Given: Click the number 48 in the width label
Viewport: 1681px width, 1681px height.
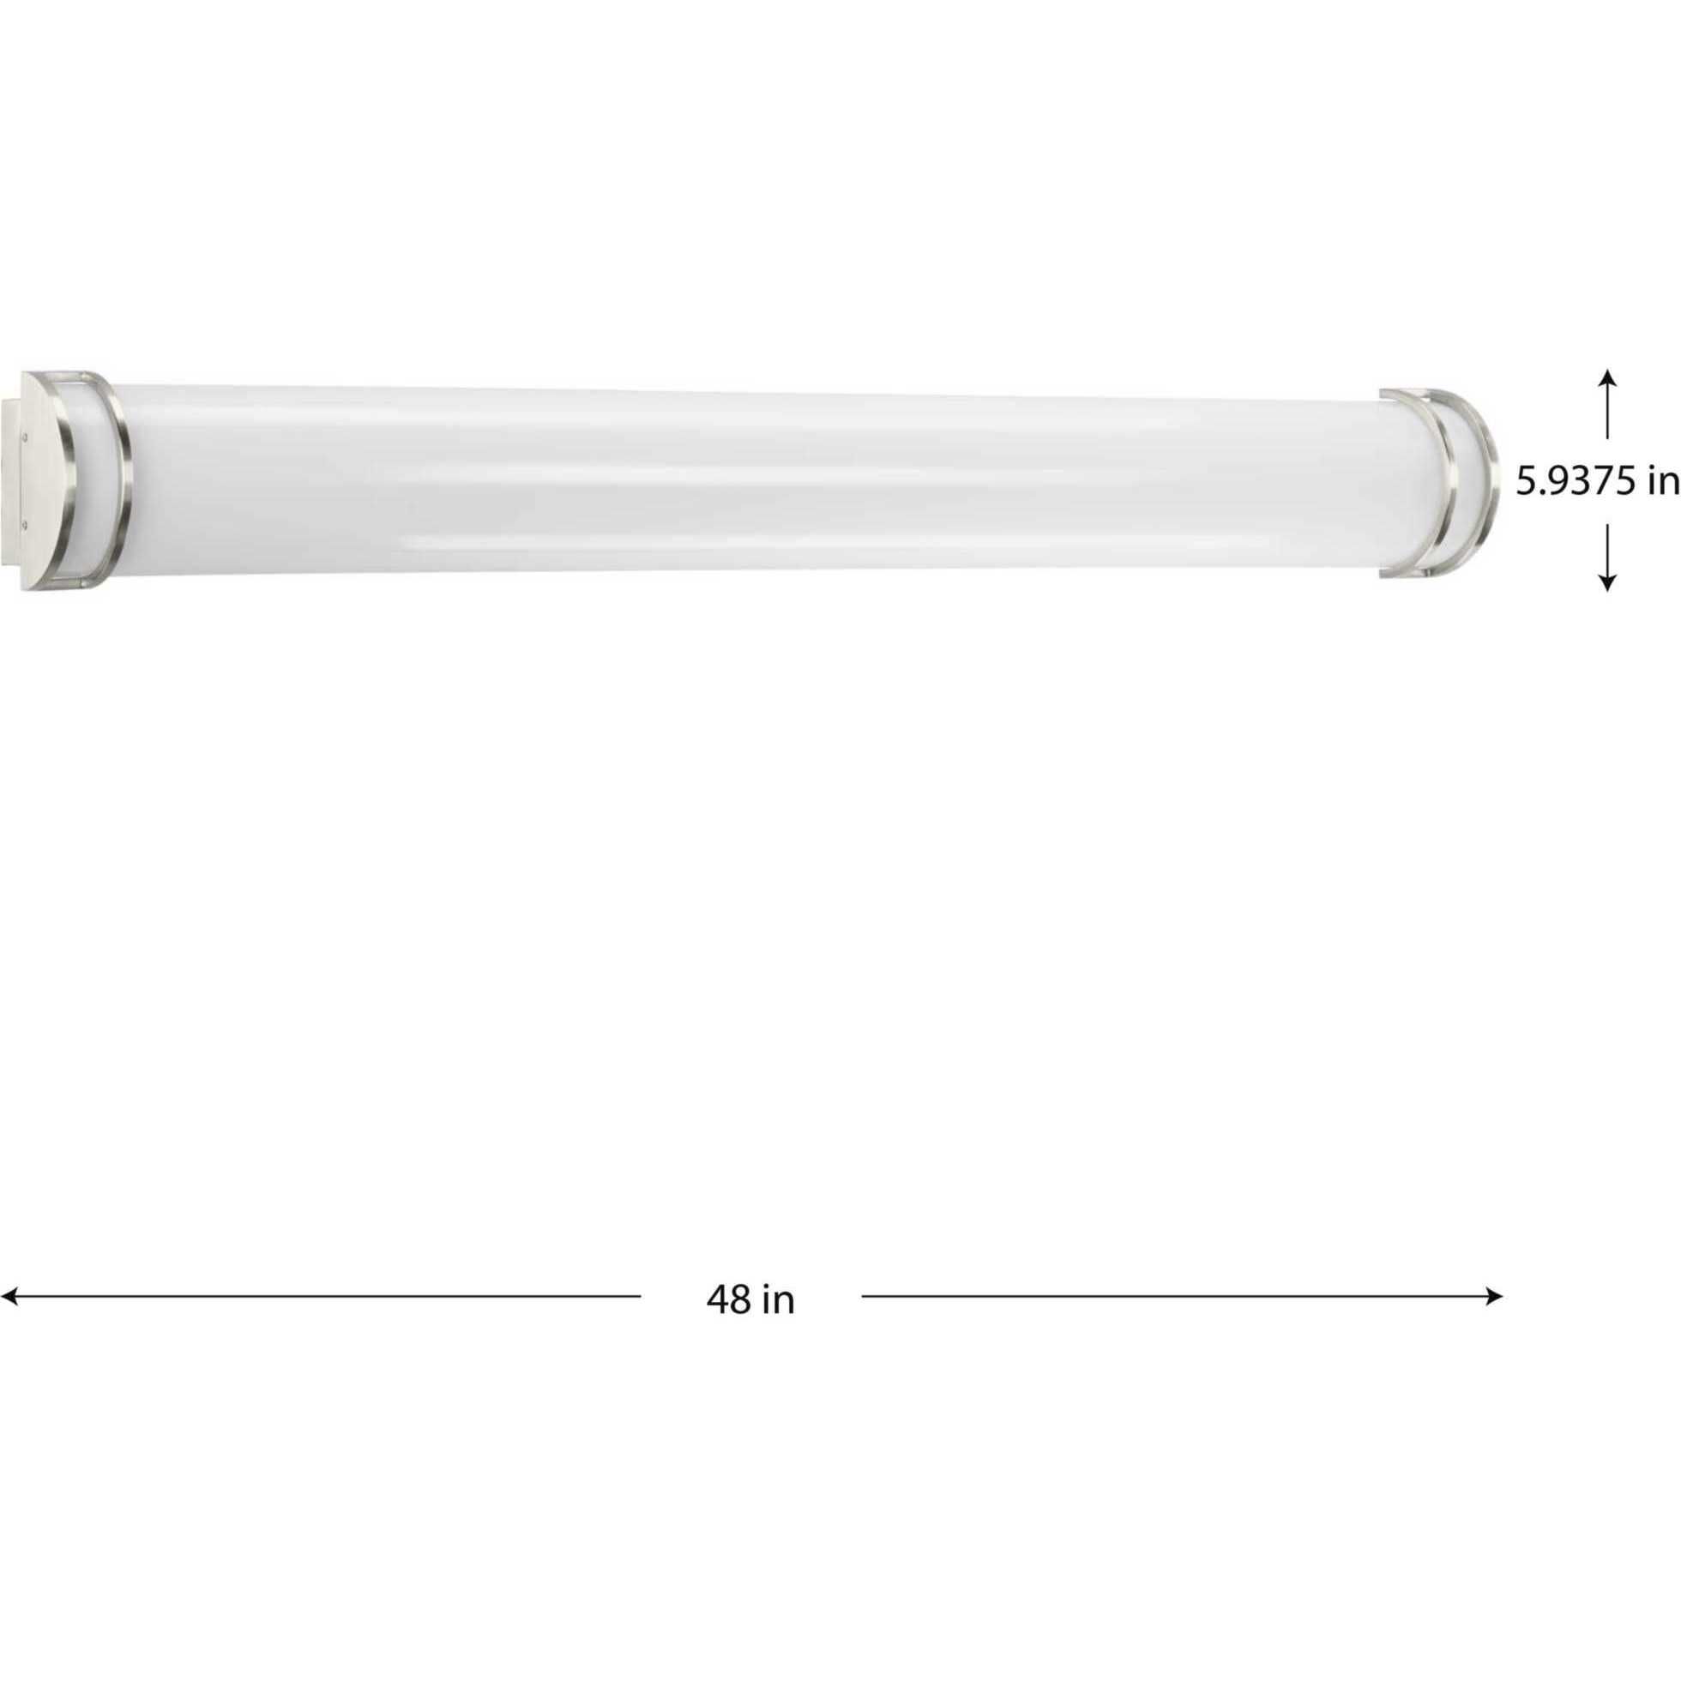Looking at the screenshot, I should point(728,1301).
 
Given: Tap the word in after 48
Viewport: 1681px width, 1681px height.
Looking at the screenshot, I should point(780,1301).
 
